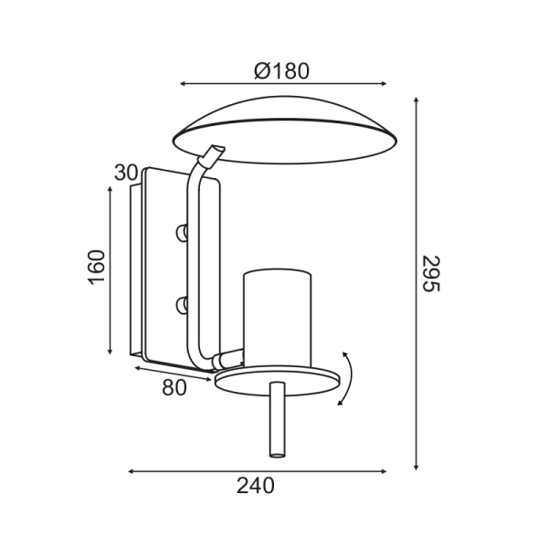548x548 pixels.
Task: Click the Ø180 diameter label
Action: click(283, 70)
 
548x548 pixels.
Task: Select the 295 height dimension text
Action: click(430, 274)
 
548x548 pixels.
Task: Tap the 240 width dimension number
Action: click(256, 486)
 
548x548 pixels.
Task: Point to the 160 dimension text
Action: click(97, 267)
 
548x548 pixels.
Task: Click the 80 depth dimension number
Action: click(174, 387)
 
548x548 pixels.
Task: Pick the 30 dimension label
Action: click(126, 173)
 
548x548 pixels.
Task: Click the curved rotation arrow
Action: click(347, 376)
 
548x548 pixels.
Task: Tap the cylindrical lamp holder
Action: click(278, 315)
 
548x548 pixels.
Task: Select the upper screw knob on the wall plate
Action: click(183, 234)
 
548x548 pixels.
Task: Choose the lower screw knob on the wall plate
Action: click(183, 302)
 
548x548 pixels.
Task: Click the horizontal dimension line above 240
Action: click(256, 471)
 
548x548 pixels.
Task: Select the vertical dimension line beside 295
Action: click(416, 283)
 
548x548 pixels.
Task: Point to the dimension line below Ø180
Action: click(283, 84)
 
